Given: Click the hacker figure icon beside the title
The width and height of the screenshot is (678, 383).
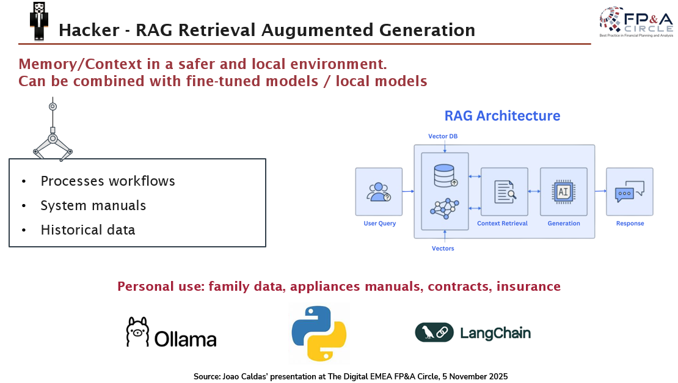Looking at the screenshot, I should pyautogui.click(x=38, y=20).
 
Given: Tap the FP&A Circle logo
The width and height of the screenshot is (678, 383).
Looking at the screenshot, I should pyautogui.click(x=635, y=23).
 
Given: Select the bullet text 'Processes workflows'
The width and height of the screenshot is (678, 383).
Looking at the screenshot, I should pyautogui.click(x=108, y=181).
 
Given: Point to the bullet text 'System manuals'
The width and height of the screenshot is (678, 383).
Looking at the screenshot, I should pyautogui.click(x=93, y=206).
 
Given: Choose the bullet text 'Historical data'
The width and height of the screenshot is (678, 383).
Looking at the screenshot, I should pyautogui.click(x=87, y=230).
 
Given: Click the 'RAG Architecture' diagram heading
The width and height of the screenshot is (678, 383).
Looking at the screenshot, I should pyautogui.click(x=502, y=115).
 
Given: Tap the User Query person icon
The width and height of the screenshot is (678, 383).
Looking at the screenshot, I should pyautogui.click(x=379, y=192).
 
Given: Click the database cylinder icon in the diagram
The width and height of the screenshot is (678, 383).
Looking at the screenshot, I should pyautogui.click(x=444, y=175).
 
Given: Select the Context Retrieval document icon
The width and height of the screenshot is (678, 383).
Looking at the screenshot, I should pyautogui.click(x=505, y=192).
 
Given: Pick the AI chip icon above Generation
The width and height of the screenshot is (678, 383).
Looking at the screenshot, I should pyautogui.click(x=563, y=191).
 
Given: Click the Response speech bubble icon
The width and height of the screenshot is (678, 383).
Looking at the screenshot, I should pyautogui.click(x=630, y=192).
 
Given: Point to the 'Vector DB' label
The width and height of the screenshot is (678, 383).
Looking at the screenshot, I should pyautogui.click(x=443, y=136).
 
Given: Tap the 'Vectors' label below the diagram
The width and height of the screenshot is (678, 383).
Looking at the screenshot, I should pyautogui.click(x=443, y=249).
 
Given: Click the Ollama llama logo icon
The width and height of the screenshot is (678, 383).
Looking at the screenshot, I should pyautogui.click(x=137, y=333).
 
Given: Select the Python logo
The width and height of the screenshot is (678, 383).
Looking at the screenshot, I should pyautogui.click(x=319, y=333).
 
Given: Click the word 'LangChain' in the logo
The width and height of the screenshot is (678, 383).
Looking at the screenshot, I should pyautogui.click(x=495, y=333).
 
